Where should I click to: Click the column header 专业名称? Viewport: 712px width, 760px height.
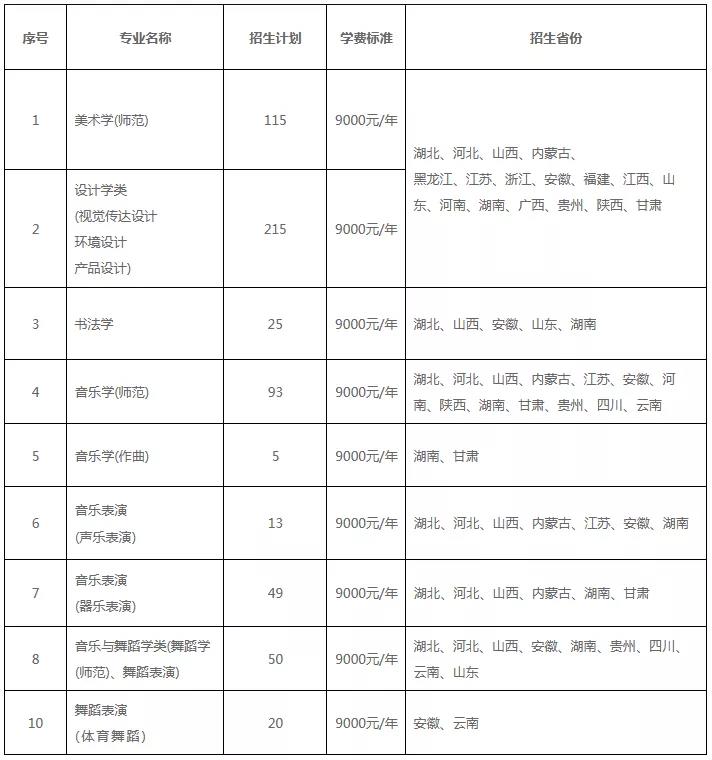145,38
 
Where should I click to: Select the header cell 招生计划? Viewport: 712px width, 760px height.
275,38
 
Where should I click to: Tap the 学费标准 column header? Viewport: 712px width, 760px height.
366,38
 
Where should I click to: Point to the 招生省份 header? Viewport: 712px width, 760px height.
556,38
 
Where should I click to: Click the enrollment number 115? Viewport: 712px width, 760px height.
275,120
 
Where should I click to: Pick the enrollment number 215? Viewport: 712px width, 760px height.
275,229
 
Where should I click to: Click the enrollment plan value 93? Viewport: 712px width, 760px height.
275,392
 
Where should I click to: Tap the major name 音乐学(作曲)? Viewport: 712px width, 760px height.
112,456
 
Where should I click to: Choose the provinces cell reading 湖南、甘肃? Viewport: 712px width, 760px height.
446,456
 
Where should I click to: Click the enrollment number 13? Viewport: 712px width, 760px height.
275,523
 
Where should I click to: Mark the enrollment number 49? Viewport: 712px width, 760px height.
275,593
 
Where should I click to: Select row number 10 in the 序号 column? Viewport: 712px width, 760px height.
36,723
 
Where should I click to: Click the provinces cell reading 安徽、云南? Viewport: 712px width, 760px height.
446,723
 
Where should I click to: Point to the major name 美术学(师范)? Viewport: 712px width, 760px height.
112,120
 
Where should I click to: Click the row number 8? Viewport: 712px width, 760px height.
36,659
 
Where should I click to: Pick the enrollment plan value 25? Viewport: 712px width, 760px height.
275,324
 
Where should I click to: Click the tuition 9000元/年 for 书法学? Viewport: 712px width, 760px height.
366,324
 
